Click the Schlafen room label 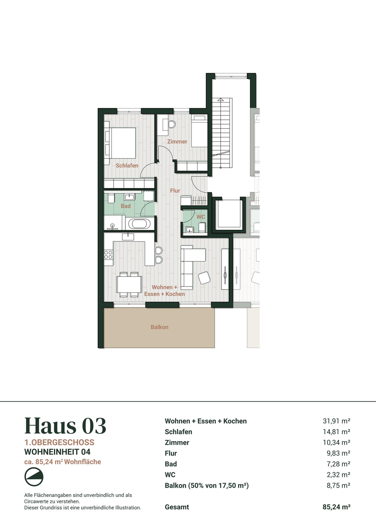coord(127,166)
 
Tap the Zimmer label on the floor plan coord(177,142)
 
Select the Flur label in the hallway coord(175,191)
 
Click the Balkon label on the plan coord(159,327)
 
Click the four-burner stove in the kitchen coord(108,255)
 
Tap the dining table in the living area coord(129,284)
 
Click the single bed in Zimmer coord(200,131)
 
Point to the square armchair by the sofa coord(204,278)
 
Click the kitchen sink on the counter coord(128,237)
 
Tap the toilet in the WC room coord(202,228)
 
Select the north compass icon coord(34,477)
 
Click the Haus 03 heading coord(65,426)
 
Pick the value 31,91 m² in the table coord(336,421)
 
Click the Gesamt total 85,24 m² coord(336,507)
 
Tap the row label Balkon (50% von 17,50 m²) coord(207,486)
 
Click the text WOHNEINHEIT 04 coord(57,452)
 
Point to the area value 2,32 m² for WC coord(338,475)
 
